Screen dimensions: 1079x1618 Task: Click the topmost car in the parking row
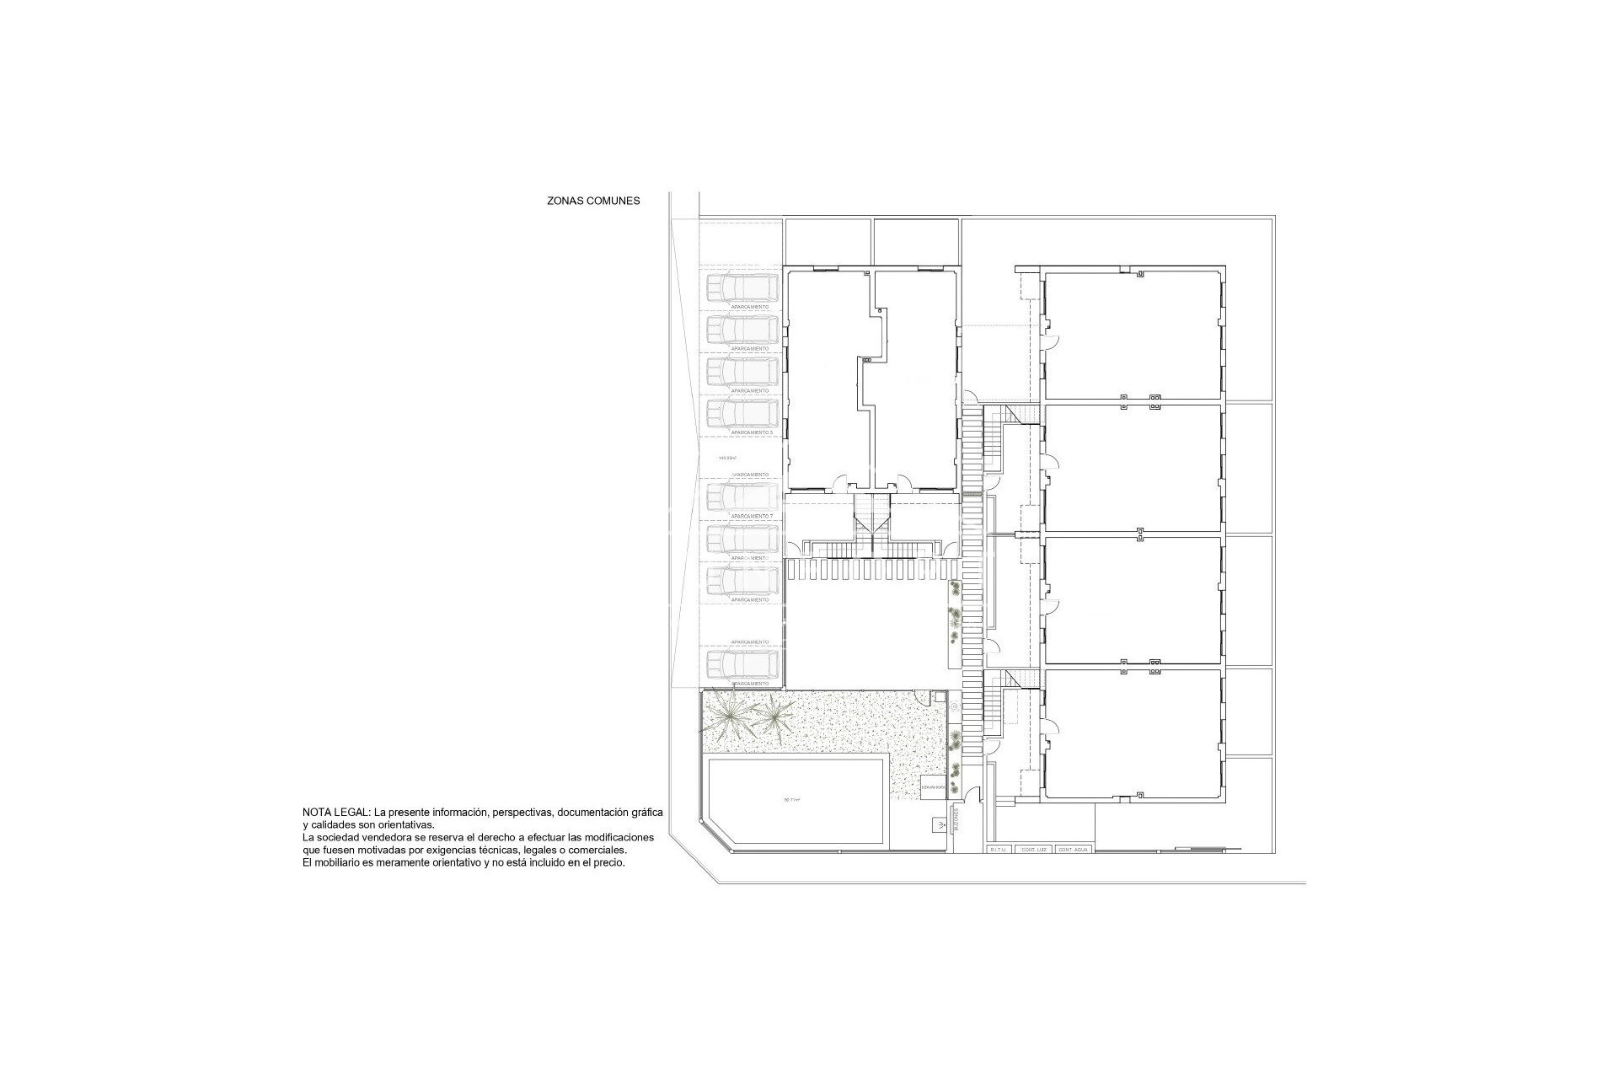coord(742,289)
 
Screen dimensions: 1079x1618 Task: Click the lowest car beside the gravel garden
coord(742,663)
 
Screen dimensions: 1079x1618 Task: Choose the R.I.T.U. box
coord(1000,850)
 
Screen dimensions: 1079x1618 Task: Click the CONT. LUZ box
coord(1034,850)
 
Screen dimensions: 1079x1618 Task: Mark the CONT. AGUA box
coord(1074,850)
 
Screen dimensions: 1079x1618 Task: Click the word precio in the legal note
coord(608,864)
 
